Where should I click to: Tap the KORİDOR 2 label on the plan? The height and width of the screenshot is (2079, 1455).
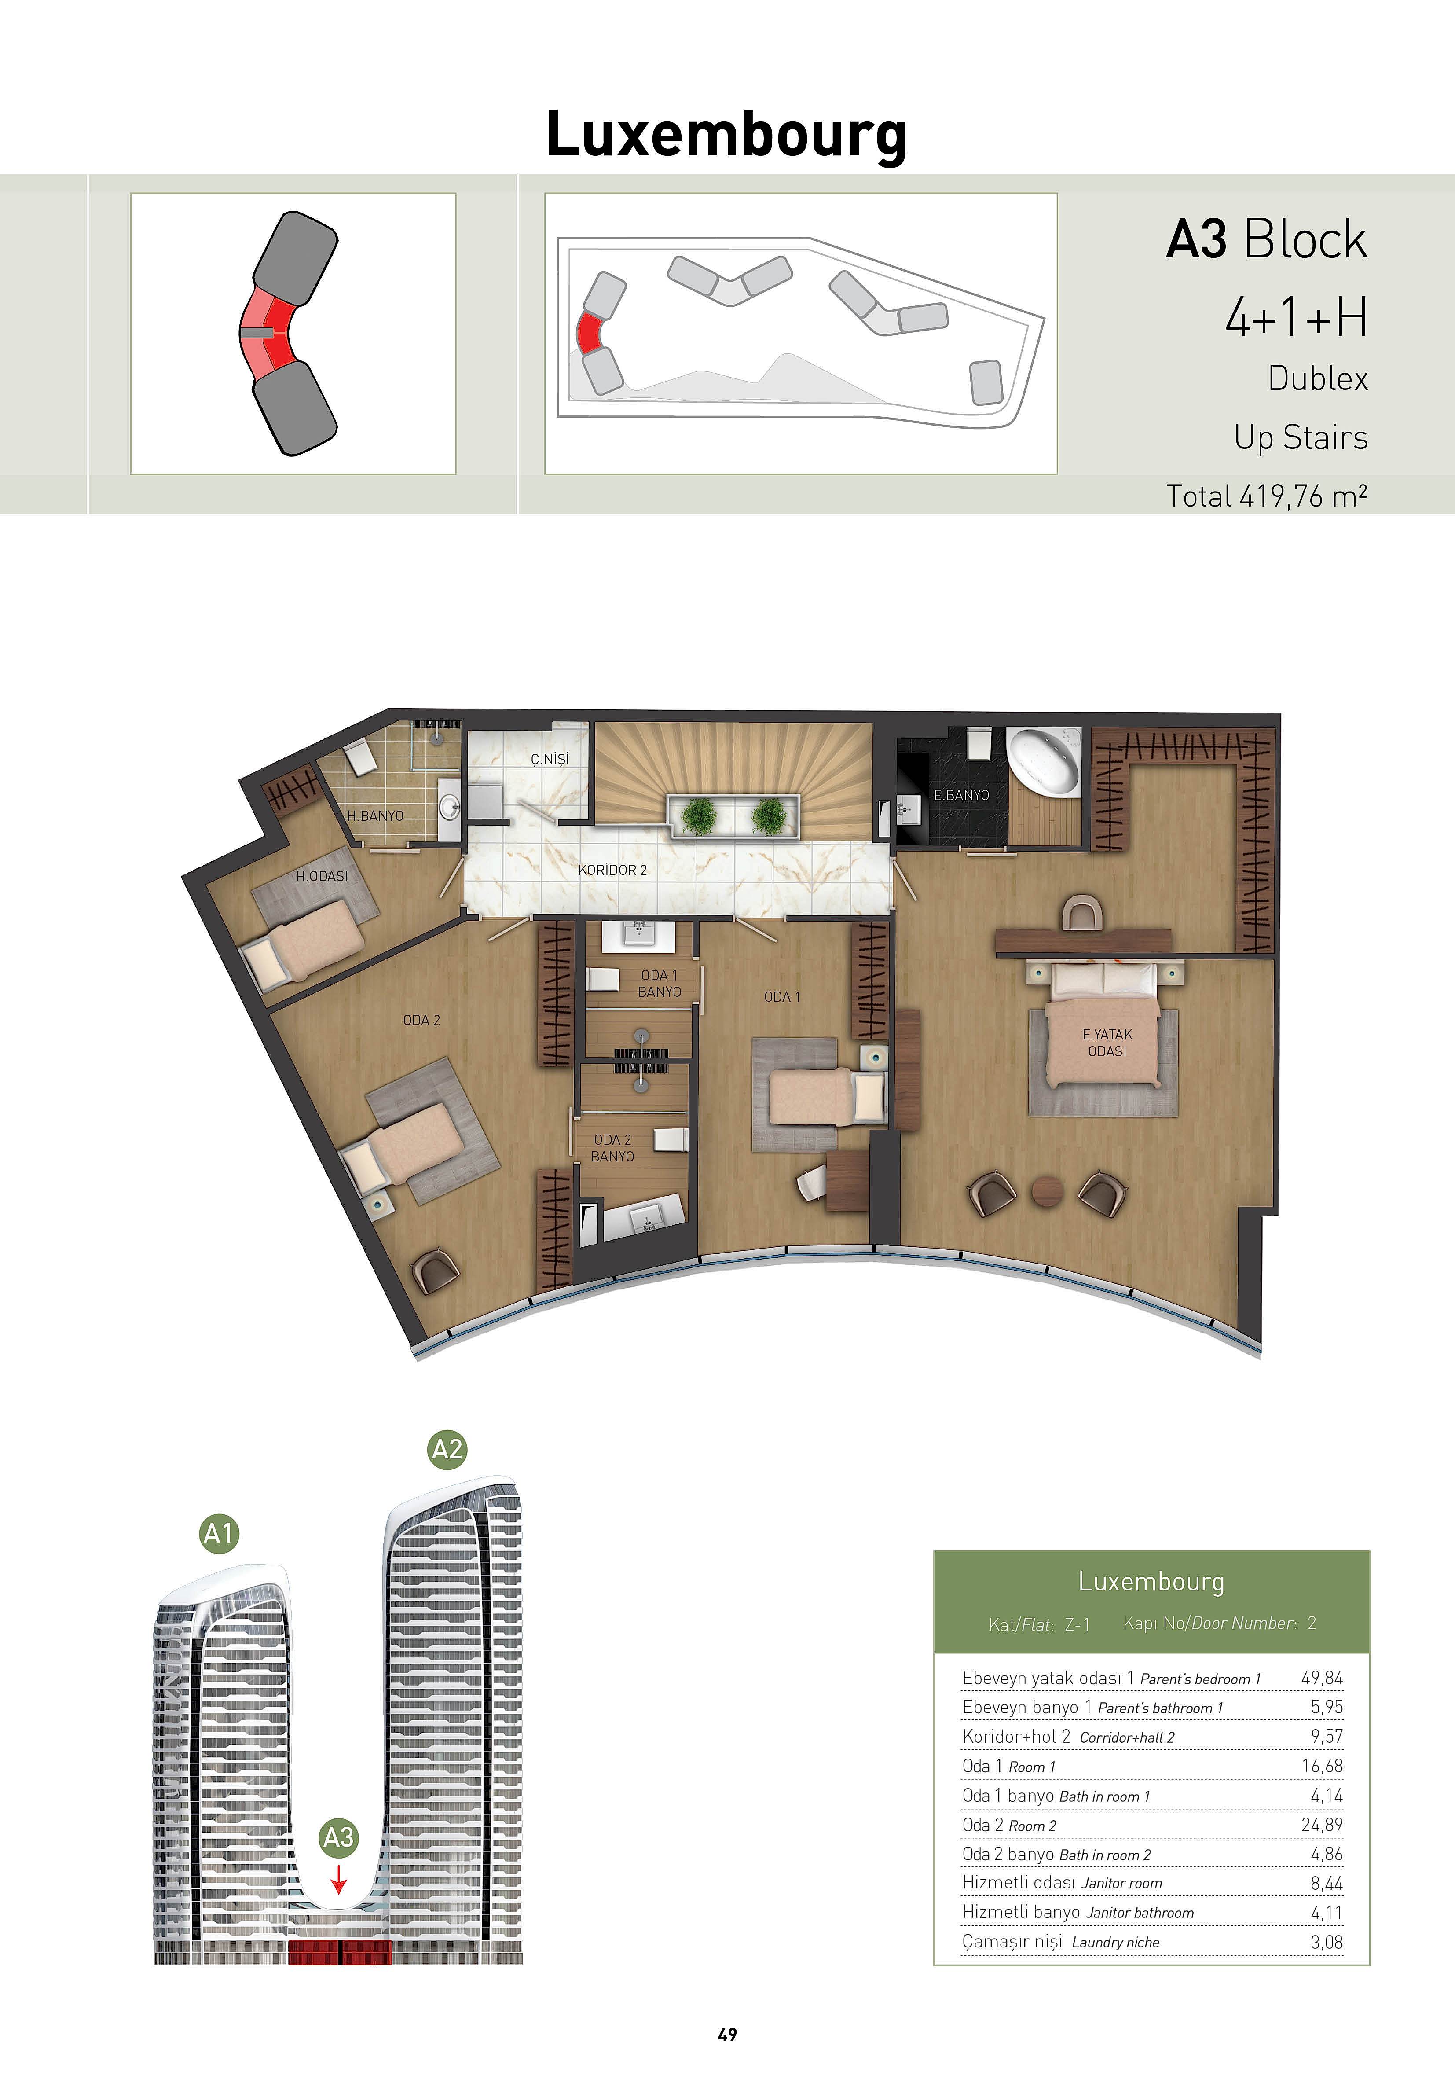tap(613, 870)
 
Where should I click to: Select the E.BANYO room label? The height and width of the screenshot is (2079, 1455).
tap(961, 795)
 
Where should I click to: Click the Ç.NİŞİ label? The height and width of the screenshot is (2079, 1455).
tap(550, 759)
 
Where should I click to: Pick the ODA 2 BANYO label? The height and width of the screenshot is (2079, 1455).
tap(613, 1148)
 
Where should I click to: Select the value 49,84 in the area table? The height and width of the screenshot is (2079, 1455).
tap(1322, 1678)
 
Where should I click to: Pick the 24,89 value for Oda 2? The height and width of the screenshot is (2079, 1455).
tap(1322, 1825)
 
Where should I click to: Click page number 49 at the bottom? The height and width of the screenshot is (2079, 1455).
tap(727, 2035)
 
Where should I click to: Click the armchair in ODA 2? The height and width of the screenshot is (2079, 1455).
tap(436, 1271)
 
